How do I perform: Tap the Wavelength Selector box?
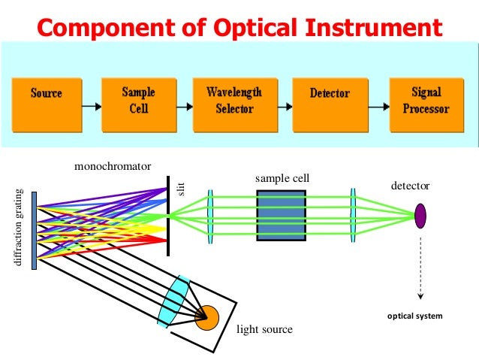234,101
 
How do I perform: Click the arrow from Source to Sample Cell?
91,104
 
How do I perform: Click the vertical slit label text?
180,189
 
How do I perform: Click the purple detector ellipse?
420,215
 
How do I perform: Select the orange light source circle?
206,316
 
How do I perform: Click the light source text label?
264,329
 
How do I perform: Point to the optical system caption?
415,316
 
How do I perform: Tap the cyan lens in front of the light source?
174,300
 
